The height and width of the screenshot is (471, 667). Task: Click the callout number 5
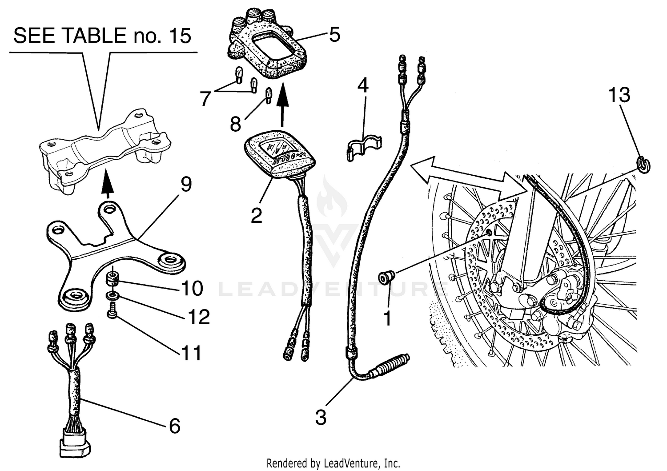[334, 34]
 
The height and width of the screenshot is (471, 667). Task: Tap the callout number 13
[619, 95]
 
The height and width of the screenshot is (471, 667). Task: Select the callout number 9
[186, 184]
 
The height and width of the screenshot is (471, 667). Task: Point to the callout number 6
[174, 426]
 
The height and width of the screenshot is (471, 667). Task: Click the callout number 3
[321, 418]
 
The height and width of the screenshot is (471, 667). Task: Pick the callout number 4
[363, 86]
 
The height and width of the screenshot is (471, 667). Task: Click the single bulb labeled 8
[269, 95]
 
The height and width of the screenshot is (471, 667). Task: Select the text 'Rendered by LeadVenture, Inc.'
[333, 463]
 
